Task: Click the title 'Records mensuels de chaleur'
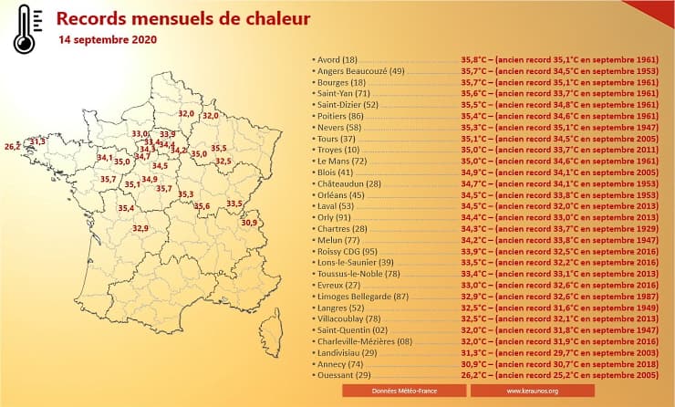pos(182,18)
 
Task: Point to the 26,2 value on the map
pos(12,146)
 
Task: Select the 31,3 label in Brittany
pos(36,141)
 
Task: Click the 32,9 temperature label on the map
pos(140,228)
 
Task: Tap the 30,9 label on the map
pos(248,222)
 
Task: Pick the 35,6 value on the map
pos(202,206)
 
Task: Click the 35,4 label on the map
pos(127,208)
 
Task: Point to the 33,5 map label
pos(234,203)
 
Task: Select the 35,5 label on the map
pos(219,148)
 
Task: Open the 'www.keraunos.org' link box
pos(527,391)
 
